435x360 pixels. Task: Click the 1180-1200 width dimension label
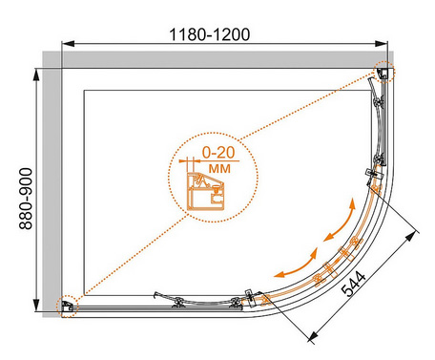pos(209,34)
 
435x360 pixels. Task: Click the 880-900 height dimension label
pos(26,199)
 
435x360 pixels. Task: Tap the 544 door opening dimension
pos(353,284)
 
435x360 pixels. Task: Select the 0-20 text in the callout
pos(218,153)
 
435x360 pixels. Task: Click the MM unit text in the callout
pos(219,168)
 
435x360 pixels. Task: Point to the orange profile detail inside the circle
pos(205,191)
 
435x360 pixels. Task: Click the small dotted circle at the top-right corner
pos(383,72)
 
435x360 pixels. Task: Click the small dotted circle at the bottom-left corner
pos(67,307)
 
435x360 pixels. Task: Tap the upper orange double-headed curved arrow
pos(341,222)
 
